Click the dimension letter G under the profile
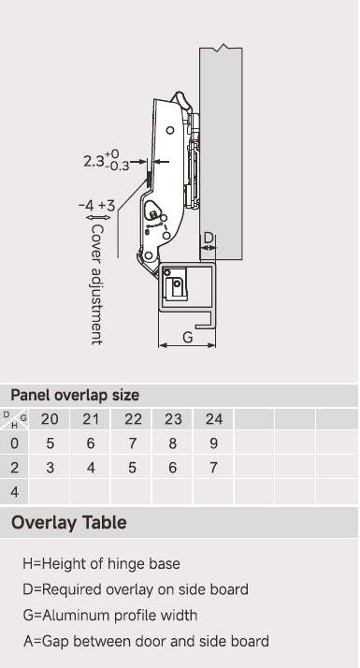[187, 337]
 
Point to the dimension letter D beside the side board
[208, 238]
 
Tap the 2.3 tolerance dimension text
[107, 160]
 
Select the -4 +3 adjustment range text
[96, 205]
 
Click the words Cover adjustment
[97, 284]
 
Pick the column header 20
[50, 419]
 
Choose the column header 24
[213, 419]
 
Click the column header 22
[133, 419]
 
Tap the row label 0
[14, 443]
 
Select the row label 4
[14, 492]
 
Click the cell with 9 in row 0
[213, 443]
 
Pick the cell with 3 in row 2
[50, 468]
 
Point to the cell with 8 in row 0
[173, 443]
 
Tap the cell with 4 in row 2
[91, 468]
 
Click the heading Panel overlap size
[75, 396]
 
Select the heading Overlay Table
[69, 522]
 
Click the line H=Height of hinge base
[101, 563]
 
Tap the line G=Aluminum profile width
[110, 616]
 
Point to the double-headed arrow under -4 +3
[98, 218]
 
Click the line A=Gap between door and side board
[146, 641]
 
